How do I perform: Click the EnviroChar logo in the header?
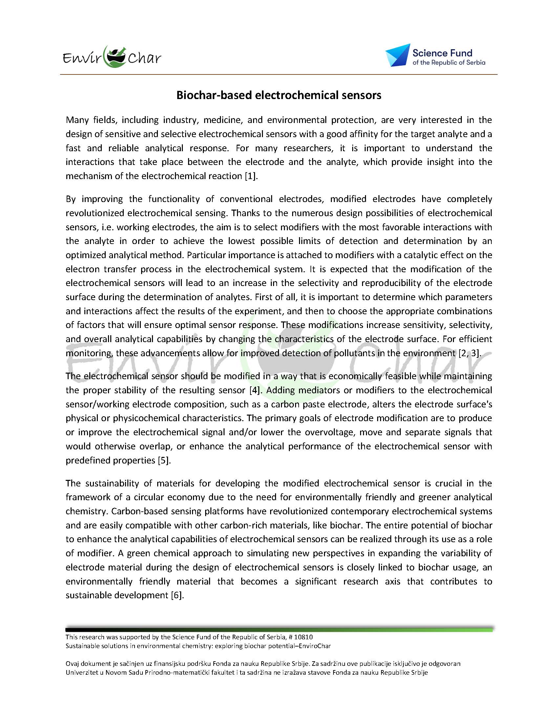pos(112,57)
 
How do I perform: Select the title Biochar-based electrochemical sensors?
pos(279,95)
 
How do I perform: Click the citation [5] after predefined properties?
pos(163,460)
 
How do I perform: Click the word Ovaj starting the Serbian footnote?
pos(73,664)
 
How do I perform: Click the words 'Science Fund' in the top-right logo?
pos(442,53)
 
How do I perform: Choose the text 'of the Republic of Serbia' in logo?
pos(449,63)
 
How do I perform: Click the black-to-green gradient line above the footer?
pos(279,629)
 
